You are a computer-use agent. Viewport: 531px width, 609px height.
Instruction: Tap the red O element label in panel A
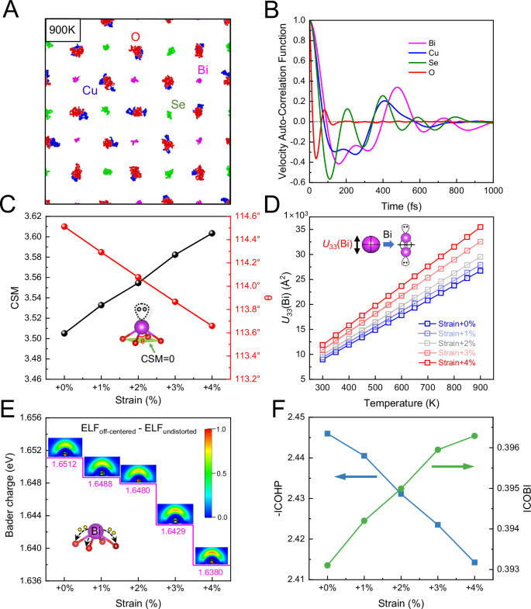point(136,36)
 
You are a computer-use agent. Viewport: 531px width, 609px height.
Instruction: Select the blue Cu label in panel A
point(90,91)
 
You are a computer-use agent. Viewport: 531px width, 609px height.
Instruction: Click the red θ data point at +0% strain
point(64,227)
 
